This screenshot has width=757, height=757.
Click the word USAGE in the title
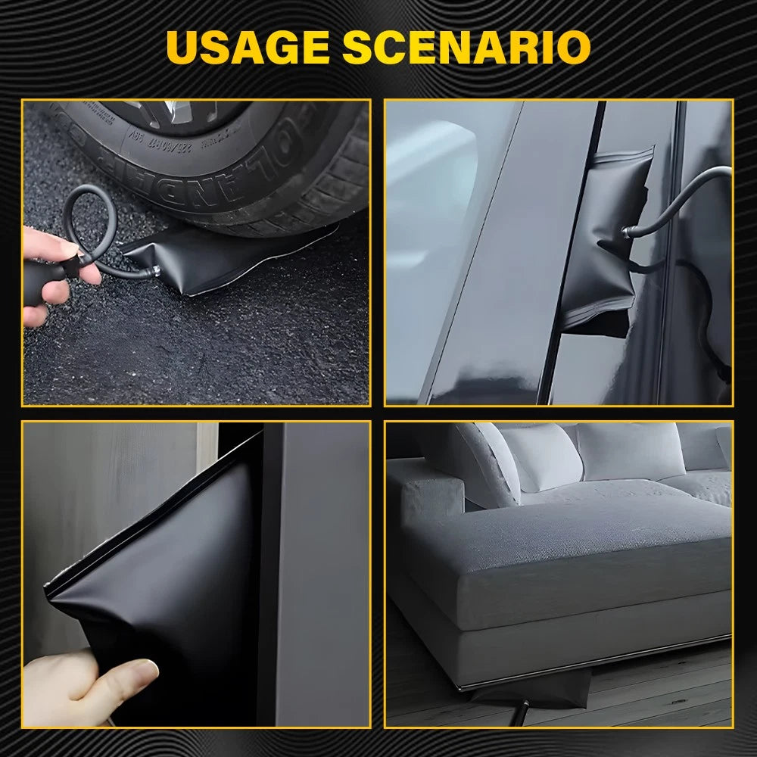point(247,47)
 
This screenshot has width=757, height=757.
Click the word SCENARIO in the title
point(466,47)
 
